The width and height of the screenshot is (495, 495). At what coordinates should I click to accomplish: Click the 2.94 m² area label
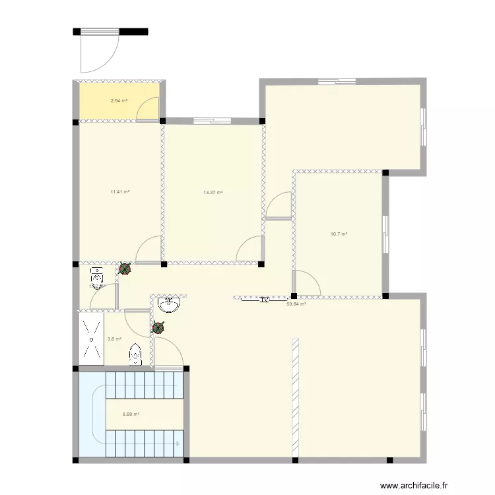[x=119, y=101]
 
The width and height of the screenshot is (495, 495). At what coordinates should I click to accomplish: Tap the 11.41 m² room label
[x=119, y=192]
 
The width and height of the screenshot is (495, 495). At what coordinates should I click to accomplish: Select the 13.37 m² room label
[x=213, y=193]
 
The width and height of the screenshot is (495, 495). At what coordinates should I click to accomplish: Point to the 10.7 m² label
[x=339, y=234]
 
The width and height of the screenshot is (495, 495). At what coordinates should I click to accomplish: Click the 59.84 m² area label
[x=296, y=304]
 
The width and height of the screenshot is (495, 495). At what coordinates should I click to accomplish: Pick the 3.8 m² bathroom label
[x=114, y=339]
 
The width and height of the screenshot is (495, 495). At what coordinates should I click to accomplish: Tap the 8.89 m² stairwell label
[x=131, y=415]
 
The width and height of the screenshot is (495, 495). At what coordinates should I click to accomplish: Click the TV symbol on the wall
[x=264, y=299]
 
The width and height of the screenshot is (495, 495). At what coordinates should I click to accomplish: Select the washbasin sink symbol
[x=170, y=304]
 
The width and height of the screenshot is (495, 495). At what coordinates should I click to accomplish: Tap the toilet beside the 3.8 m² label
[x=135, y=354]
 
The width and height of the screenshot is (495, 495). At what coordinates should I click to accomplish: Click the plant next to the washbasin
[x=158, y=327]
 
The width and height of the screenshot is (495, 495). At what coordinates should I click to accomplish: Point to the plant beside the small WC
[x=124, y=269]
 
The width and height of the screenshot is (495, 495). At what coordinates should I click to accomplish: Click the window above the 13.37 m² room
[x=213, y=121]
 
